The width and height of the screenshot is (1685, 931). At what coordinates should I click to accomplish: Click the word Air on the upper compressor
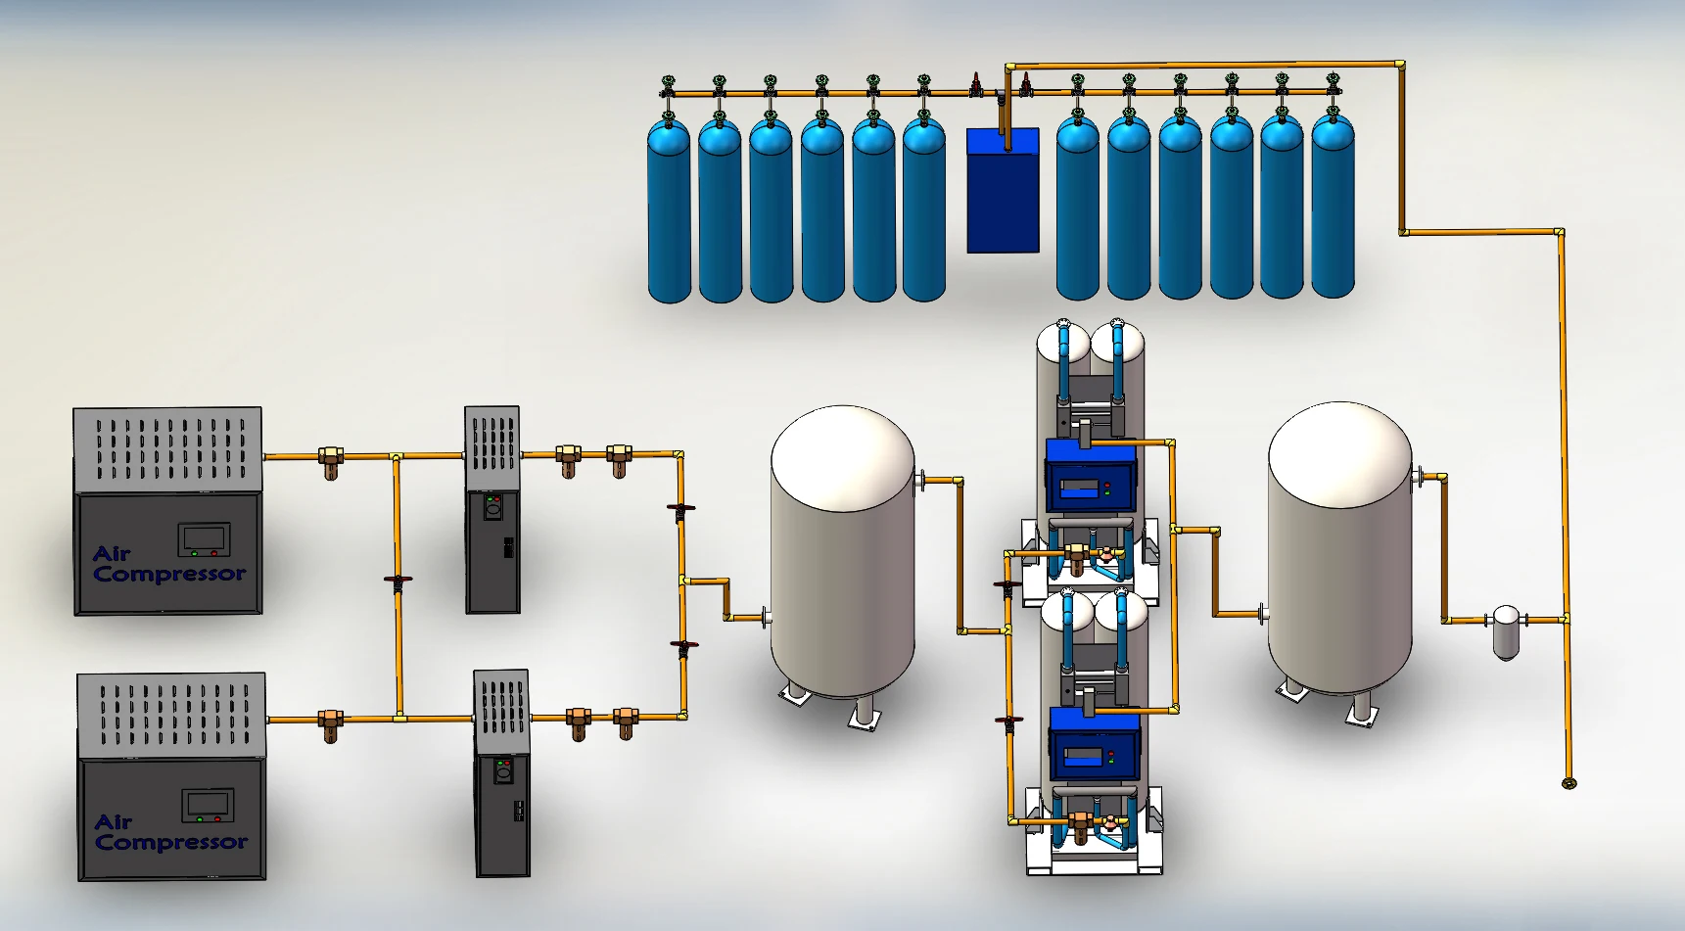click(x=112, y=554)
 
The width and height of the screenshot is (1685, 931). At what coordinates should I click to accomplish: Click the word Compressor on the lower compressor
click(x=171, y=843)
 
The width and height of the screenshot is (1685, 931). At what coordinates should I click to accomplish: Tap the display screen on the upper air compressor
click(x=204, y=538)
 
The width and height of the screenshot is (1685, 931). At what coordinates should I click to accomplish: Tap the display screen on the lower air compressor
click(x=208, y=805)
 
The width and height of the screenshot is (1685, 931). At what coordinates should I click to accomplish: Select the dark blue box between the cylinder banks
click(x=1003, y=190)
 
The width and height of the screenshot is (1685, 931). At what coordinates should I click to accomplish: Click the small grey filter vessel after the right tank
click(x=1506, y=631)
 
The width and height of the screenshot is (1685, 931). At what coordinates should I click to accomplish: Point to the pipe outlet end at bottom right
click(x=1568, y=783)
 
